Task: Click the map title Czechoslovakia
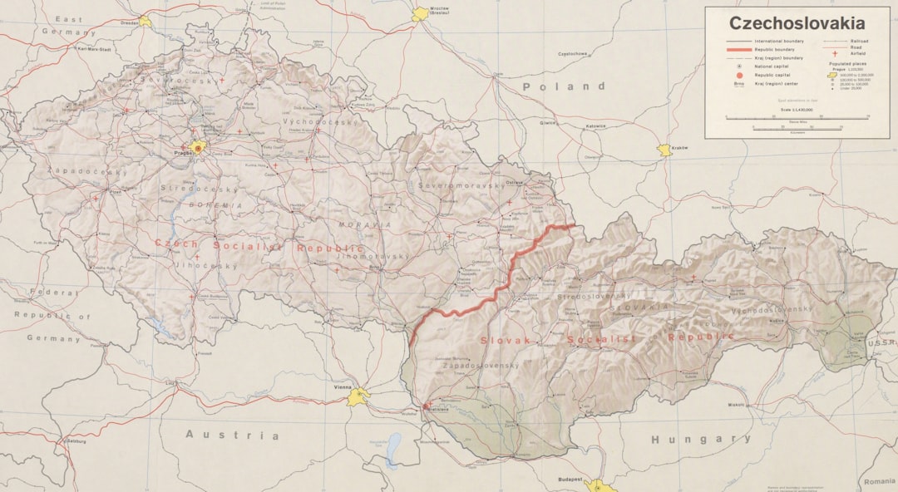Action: (x=797, y=23)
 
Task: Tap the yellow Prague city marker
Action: (x=198, y=148)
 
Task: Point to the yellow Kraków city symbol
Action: (x=664, y=150)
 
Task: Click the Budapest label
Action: (x=570, y=480)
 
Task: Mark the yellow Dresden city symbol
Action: (x=146, y=21)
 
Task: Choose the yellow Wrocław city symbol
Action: (x=420, y=14)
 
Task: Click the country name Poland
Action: (x=564, y=86)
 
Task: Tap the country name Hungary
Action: (x=700, y=439)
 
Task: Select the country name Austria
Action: (x=232, y=435)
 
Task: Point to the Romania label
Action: (x=879, y=481)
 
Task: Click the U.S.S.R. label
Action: (x=883, y=342)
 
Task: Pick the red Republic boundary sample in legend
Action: (x=738, y=50)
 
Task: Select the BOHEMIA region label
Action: (x=215, y=204)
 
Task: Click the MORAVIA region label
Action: (x=363, y=225)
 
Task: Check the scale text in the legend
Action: (x=796, y=110)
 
